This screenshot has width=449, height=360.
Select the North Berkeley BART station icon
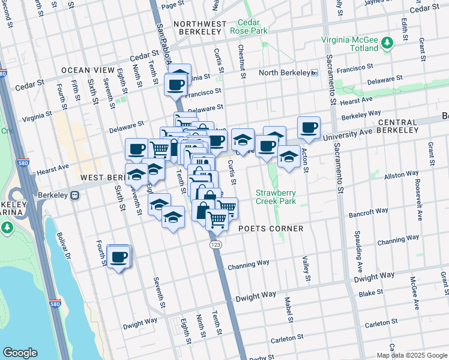314,73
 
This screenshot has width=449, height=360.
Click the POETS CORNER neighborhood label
271,229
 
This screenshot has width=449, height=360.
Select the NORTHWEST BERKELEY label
200,24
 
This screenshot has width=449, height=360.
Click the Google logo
20,352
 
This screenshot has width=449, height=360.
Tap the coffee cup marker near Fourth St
119,257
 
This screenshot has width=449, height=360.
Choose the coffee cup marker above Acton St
309,128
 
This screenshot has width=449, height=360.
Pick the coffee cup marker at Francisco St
176,85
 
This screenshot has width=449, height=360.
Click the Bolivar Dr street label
64,247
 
